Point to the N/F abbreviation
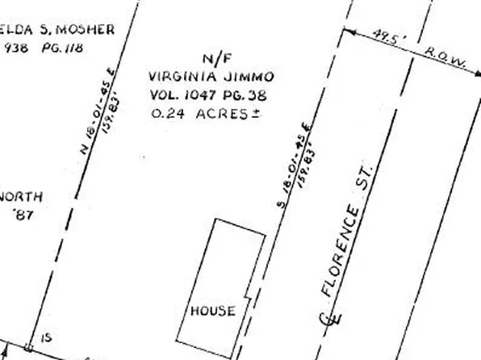pos(211,60)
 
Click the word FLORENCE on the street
pos(339,250)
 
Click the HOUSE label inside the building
pos(213,311)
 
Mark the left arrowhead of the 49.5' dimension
pos(346,31)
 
